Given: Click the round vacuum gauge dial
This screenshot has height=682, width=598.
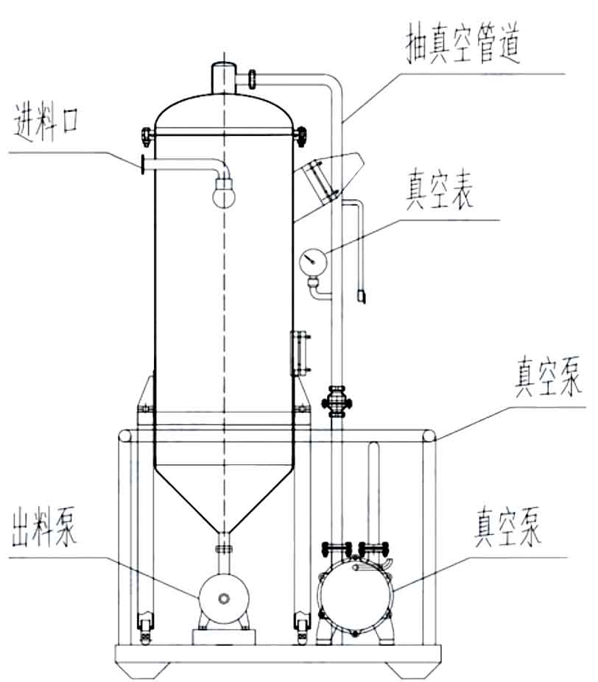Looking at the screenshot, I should [312, 259].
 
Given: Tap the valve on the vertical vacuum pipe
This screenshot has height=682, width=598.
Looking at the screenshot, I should [337, 402].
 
